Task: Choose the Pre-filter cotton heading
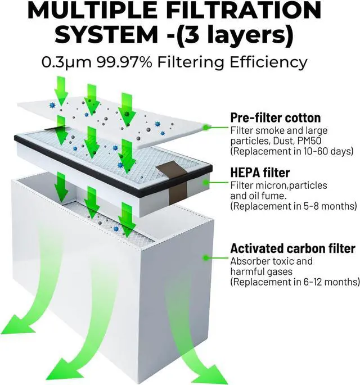276,118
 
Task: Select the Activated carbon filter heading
292,248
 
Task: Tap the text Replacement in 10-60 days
291,151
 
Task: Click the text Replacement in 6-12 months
295,282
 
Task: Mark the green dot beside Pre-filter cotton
208,128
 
